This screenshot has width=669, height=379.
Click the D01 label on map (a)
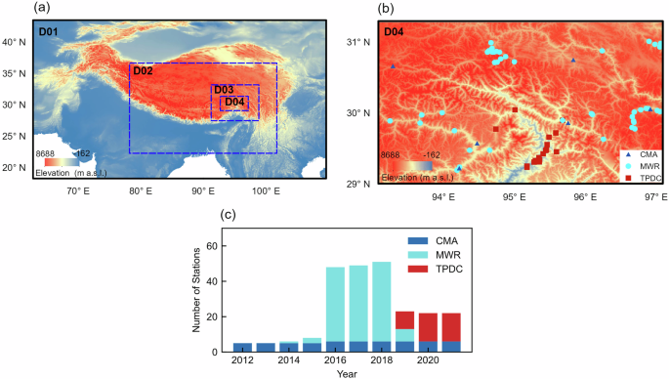(48, 32)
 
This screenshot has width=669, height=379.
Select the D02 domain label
(143, 71)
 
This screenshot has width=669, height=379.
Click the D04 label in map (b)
(395, 32)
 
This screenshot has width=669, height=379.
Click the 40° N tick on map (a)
(14, 42)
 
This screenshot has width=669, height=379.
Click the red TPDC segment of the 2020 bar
(428, 327)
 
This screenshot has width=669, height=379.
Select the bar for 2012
(242, 347)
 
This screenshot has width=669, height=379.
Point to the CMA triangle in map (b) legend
(627, 154)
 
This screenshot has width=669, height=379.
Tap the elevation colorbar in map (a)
(63, 161)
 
